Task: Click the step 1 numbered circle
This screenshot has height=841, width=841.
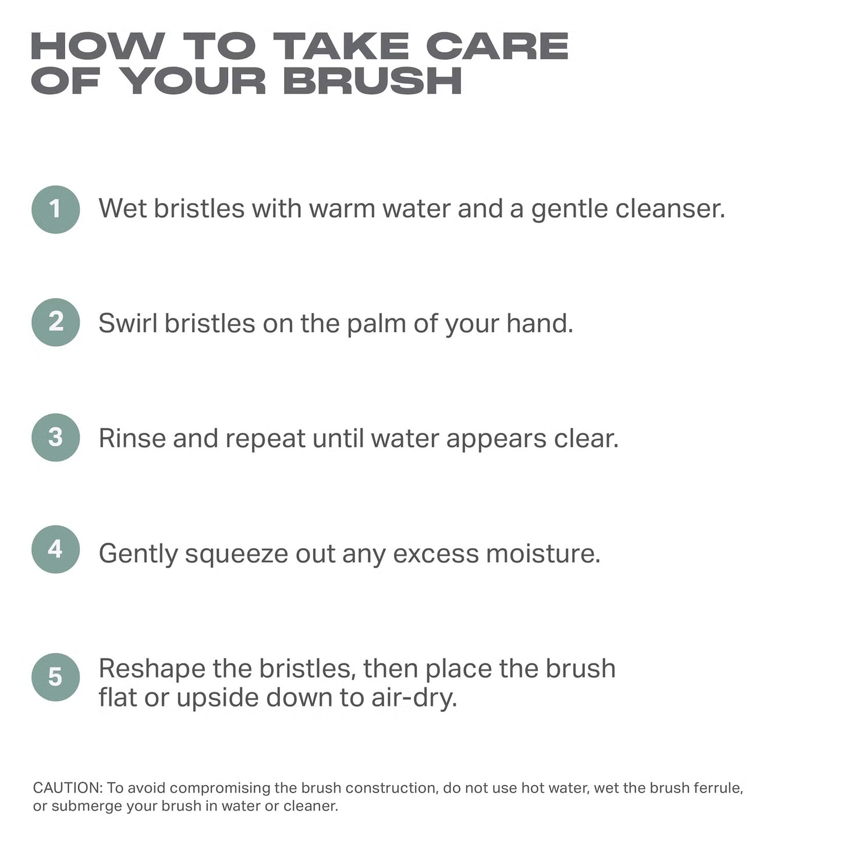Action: pyautogui.click(x=56, y=210)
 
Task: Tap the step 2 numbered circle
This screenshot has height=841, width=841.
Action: pyautogui.click(x=56, y=322)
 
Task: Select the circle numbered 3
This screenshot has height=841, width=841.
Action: pyautogui.click(x=56, y=437)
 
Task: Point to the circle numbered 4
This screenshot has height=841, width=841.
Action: pyautogui.click(x=56, y=549)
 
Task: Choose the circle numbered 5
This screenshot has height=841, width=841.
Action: pyautogui.click(x=56, y=677)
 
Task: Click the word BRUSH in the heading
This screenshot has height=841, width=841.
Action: pyautogui.click(x=372, y=80)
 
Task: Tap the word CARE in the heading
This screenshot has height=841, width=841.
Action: pyautogui.click(x=497, y=46)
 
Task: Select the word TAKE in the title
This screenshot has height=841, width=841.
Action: pyautogui.click(x=341, y=46)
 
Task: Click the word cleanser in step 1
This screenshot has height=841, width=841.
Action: pyautogui.click(x=670, y=208)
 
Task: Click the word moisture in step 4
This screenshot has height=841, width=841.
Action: pyautogui.click(x=543, y=553)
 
